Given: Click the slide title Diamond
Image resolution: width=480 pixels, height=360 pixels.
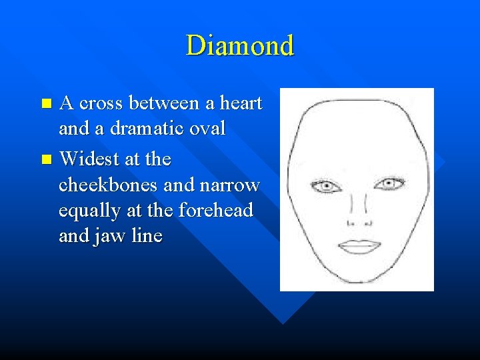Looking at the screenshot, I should click(240, 46).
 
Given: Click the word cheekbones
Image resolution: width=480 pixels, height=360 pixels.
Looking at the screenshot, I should click(109, 185).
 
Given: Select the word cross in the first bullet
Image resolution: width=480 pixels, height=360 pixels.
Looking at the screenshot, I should click(103, 104).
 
